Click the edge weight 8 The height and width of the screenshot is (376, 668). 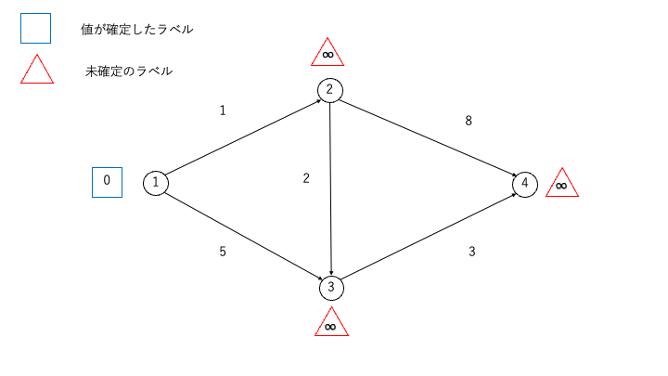pyautogui.click(x=469, y=121)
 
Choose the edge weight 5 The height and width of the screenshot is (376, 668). pyautogui.click(x=223, y=252)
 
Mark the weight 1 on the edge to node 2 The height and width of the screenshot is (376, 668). pyautogui.click(x=223, y=110)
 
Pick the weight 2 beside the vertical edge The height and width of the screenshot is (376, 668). pyautogui.click(x=306, y=178)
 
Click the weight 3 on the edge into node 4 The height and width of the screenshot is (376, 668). pyautogui.click(x=472, y=252)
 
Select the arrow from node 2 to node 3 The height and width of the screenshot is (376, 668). pyautogui.click(x=330, y=188)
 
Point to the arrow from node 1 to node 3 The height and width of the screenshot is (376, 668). pyautogui.click(x=244, y=237)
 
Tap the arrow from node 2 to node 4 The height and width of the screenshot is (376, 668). pyautogui.click(x=428, y=137)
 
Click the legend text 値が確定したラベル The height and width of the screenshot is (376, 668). pyautogui.click(x=136, y=30)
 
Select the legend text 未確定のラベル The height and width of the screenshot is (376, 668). pyautogui.click(x=129, y=71)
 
